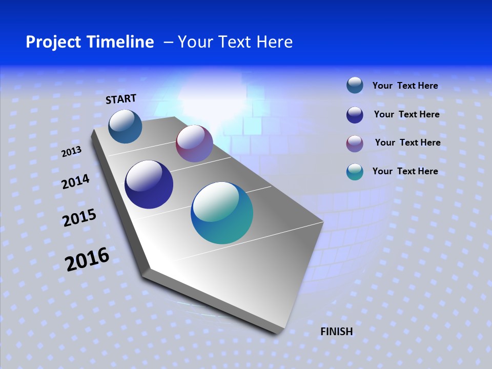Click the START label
click(121, 99)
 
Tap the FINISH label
click(337, 332)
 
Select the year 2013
click(71, 152)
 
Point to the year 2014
click(75, 182)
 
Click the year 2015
click(79, 218)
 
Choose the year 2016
click(87, 259)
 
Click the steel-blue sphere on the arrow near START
click(126, 127)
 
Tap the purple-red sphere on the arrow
click(194, 143)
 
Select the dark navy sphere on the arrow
click(149, 184)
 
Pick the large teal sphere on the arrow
click(222, 213)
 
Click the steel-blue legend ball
click(355, 86)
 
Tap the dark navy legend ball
click(355, 115)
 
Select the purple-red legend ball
click(355, 143)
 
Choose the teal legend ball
click(355, 172)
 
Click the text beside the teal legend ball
click(405, 171)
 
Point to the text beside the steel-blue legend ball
click(405, 86)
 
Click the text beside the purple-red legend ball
click(407, 142)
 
